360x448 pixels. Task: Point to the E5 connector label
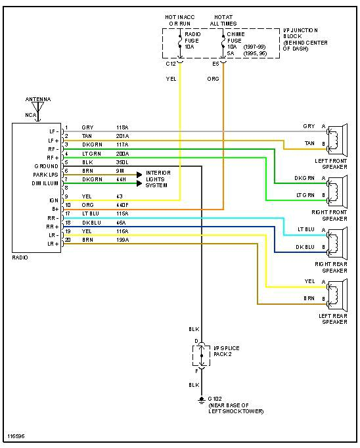tap(215, 64)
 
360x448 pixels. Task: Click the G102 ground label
tap(216, 399)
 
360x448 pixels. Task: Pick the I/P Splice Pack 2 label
tap(226, 350)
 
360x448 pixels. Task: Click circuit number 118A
tap(123, 127)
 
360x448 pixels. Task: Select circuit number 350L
tap(123, 162)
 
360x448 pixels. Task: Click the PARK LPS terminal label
tap(46, 175)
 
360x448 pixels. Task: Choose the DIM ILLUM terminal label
tap(46, 183)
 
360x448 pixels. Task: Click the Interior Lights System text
tap(162, 179)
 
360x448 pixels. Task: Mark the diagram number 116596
tap(16, 436)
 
